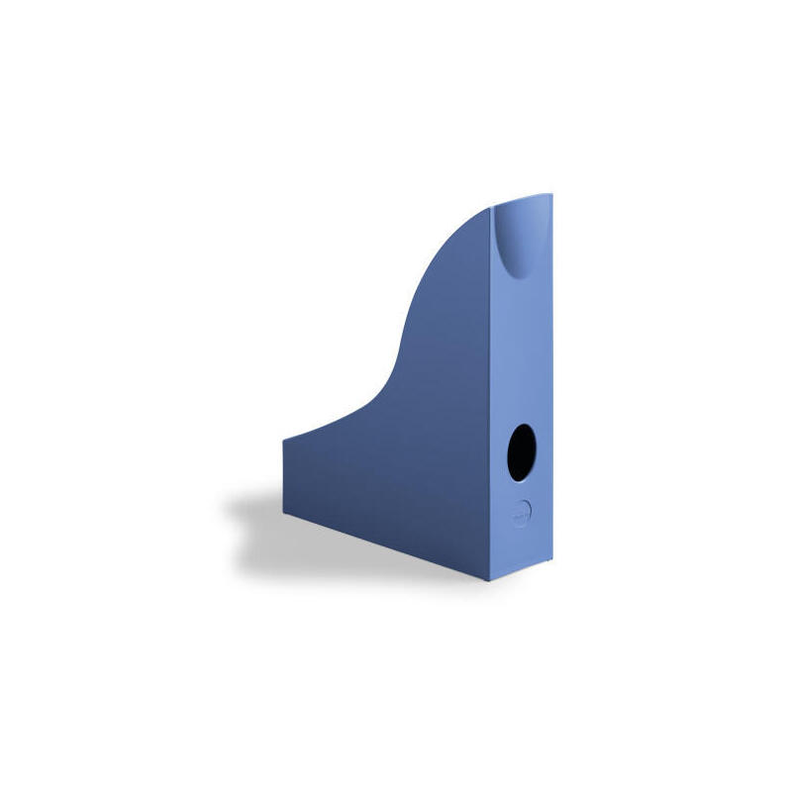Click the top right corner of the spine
click(x=551, y=195)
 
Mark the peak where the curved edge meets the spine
click(x=492, y=209)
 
